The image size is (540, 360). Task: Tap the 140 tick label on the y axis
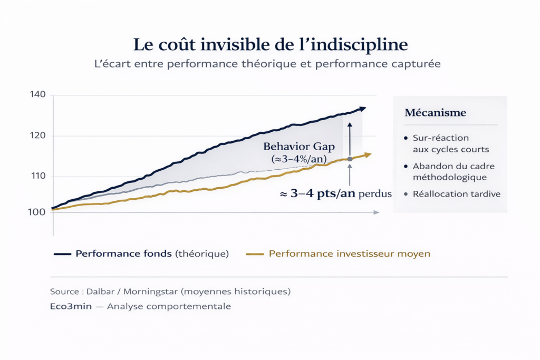point(39,94)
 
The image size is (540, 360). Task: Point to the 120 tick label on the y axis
point(39,135)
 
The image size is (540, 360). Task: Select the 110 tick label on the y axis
point(39,176)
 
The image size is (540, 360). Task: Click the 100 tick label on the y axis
point(39,212)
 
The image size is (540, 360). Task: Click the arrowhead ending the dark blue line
point(362,109)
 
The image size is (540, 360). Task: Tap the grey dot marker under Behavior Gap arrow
point(350,159)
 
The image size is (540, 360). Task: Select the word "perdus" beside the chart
point(375,194)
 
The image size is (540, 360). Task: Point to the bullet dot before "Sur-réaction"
point(405,138)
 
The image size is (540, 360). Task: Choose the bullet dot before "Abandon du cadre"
point(405,166)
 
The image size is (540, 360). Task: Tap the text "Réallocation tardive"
point(457,194)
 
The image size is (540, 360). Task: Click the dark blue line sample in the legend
point(62,254)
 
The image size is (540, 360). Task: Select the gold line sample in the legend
point(254,254)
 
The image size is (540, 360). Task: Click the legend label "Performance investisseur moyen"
point(349,254)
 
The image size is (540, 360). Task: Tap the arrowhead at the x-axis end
point(376,212)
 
